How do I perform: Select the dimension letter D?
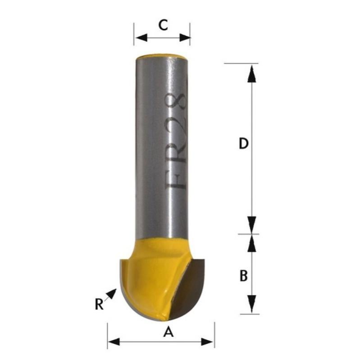click(243, 144)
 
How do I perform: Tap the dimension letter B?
click(243, 275)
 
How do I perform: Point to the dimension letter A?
click(168, 333)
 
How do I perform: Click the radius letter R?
click(99, 305)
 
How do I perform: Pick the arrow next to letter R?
click(111, 295)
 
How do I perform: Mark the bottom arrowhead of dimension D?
click(252, 224)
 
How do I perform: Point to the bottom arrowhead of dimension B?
click(252, 302)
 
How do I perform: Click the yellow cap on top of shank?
click(163, 57)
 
